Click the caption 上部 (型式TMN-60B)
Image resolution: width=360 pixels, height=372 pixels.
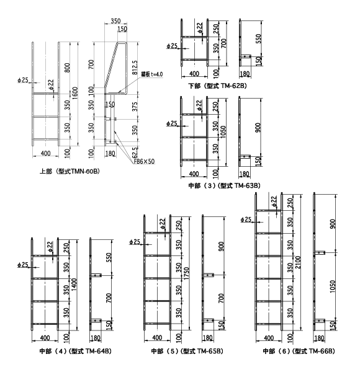[70, 171]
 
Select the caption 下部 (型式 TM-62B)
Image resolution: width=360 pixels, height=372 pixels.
[217, 86]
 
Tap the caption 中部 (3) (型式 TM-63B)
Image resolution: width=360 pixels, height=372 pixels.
[224, 185]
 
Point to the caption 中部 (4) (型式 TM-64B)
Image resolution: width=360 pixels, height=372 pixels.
[75, 351]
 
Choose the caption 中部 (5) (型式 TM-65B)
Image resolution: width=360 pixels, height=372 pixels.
[187, 351]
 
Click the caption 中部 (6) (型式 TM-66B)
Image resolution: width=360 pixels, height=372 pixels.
[299, 351]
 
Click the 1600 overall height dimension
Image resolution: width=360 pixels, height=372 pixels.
[75, 93]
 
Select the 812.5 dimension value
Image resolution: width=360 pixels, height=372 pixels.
[135, 68]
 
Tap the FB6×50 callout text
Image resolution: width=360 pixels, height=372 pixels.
[144, 161]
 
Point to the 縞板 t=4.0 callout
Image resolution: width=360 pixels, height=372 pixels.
[152, 74]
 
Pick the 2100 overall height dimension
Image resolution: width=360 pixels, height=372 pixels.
[299, 262]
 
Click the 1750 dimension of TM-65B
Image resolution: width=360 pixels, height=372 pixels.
[186, 273]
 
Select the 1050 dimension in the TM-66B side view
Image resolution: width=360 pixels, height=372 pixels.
[333, 286]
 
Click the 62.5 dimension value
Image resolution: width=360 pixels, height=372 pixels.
[135, 153]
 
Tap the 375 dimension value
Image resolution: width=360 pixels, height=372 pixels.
[135, 107]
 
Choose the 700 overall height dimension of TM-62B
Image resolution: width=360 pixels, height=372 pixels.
[223, 43]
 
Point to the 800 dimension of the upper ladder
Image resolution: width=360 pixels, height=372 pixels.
[68, 68]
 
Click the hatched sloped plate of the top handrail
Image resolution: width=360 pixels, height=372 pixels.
[111, 64]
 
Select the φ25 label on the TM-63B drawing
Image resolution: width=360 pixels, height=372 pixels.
[172, 123]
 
